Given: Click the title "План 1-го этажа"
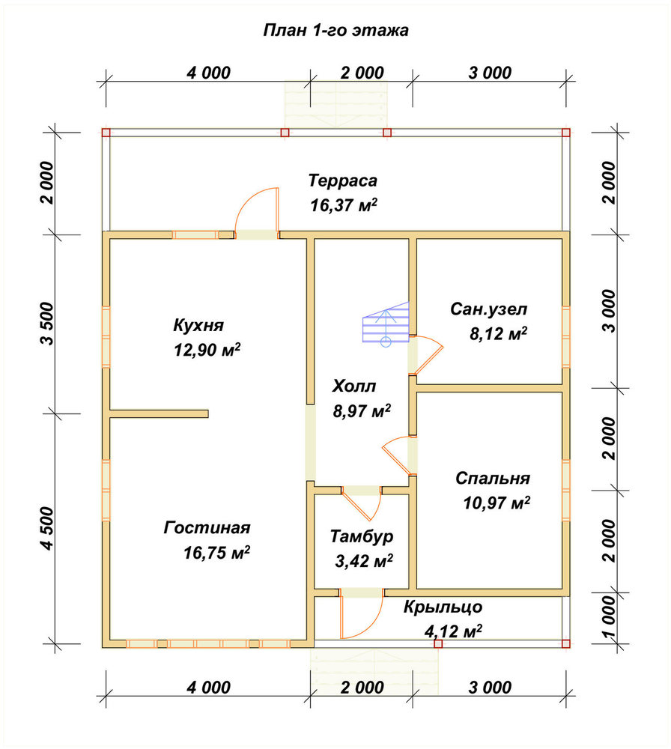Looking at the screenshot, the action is pos(335,31).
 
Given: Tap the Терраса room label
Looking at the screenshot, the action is pos(343,181).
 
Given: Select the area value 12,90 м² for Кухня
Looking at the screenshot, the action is pos(207,350).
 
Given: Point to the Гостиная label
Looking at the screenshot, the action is pos(207,528).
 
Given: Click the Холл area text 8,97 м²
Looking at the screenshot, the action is pos(362,410).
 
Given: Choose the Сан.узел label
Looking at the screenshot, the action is pos(488,309).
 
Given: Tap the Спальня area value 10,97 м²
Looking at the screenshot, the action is pos(497,503).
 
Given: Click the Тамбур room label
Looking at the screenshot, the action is pos(362,536).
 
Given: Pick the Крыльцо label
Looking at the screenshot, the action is pos(443,607).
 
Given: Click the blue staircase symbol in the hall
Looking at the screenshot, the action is pos(386,324).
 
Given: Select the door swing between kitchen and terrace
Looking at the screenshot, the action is pos(256,210).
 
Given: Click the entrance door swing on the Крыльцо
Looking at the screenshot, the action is pos(362,616).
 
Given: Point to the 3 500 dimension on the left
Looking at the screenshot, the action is pos(48,324).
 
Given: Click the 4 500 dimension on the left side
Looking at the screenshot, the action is pos(48,528).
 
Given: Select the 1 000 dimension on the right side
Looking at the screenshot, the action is pos(610,617).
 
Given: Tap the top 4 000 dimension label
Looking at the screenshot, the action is pos(208,73).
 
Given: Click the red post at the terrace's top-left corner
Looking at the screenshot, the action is pos(106,133).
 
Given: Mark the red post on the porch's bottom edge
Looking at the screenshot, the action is pos(438,644).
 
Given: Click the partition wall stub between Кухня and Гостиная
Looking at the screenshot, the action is pos(159,413).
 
